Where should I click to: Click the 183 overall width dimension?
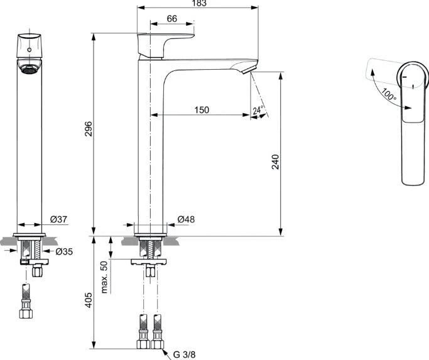click(x=199, y=4)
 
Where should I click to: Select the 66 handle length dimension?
click(x=172, y=19)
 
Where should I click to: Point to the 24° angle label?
click(x=258, y=111)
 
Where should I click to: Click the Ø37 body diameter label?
click(x=58, y=219)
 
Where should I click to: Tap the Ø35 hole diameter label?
click(x=64, y=251)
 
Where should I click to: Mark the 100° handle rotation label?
click(x=388, y=95)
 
